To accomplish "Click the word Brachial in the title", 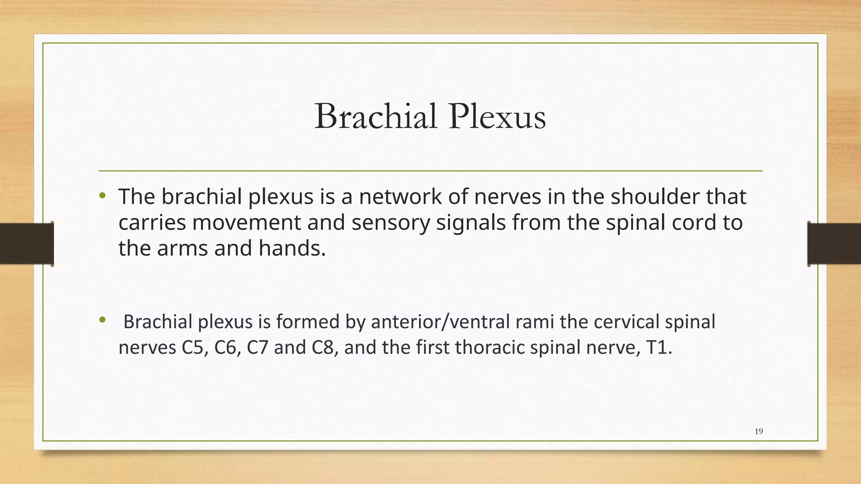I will coord(375,116).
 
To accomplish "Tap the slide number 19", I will coord(758,431).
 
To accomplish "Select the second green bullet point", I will coord(102,321).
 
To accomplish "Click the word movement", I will coord(246,223).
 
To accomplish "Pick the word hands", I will coord(292,248).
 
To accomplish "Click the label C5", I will coord(195,348).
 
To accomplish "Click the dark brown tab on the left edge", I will coord(26,244).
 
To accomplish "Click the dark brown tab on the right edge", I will coord(834,244).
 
